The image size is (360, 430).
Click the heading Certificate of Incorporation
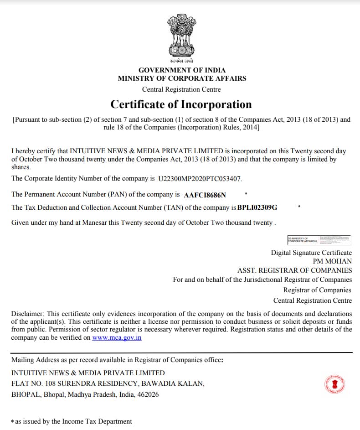(x=181, y=104)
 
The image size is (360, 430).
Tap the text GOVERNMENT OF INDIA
(x=182, y=70)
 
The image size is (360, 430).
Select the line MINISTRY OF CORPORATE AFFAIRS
(x=182, y=78)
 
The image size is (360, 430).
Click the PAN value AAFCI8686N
(x=205, y=195)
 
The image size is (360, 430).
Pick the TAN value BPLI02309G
(x=257, y=207)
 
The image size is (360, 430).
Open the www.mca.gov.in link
(x=117, y=338)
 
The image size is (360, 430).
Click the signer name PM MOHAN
(x=332, y=261)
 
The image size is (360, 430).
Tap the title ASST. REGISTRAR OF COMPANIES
(x=294, y=270)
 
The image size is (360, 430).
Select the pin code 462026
(x=148, y=394)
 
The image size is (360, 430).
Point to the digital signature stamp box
(x=319, y=240)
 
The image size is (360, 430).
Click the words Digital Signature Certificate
(x=311, y=253)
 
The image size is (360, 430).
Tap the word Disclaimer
(x=26, y=314)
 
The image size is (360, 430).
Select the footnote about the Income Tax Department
(x=72, y=421)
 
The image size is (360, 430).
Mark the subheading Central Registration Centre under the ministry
(x=181, y=89)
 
